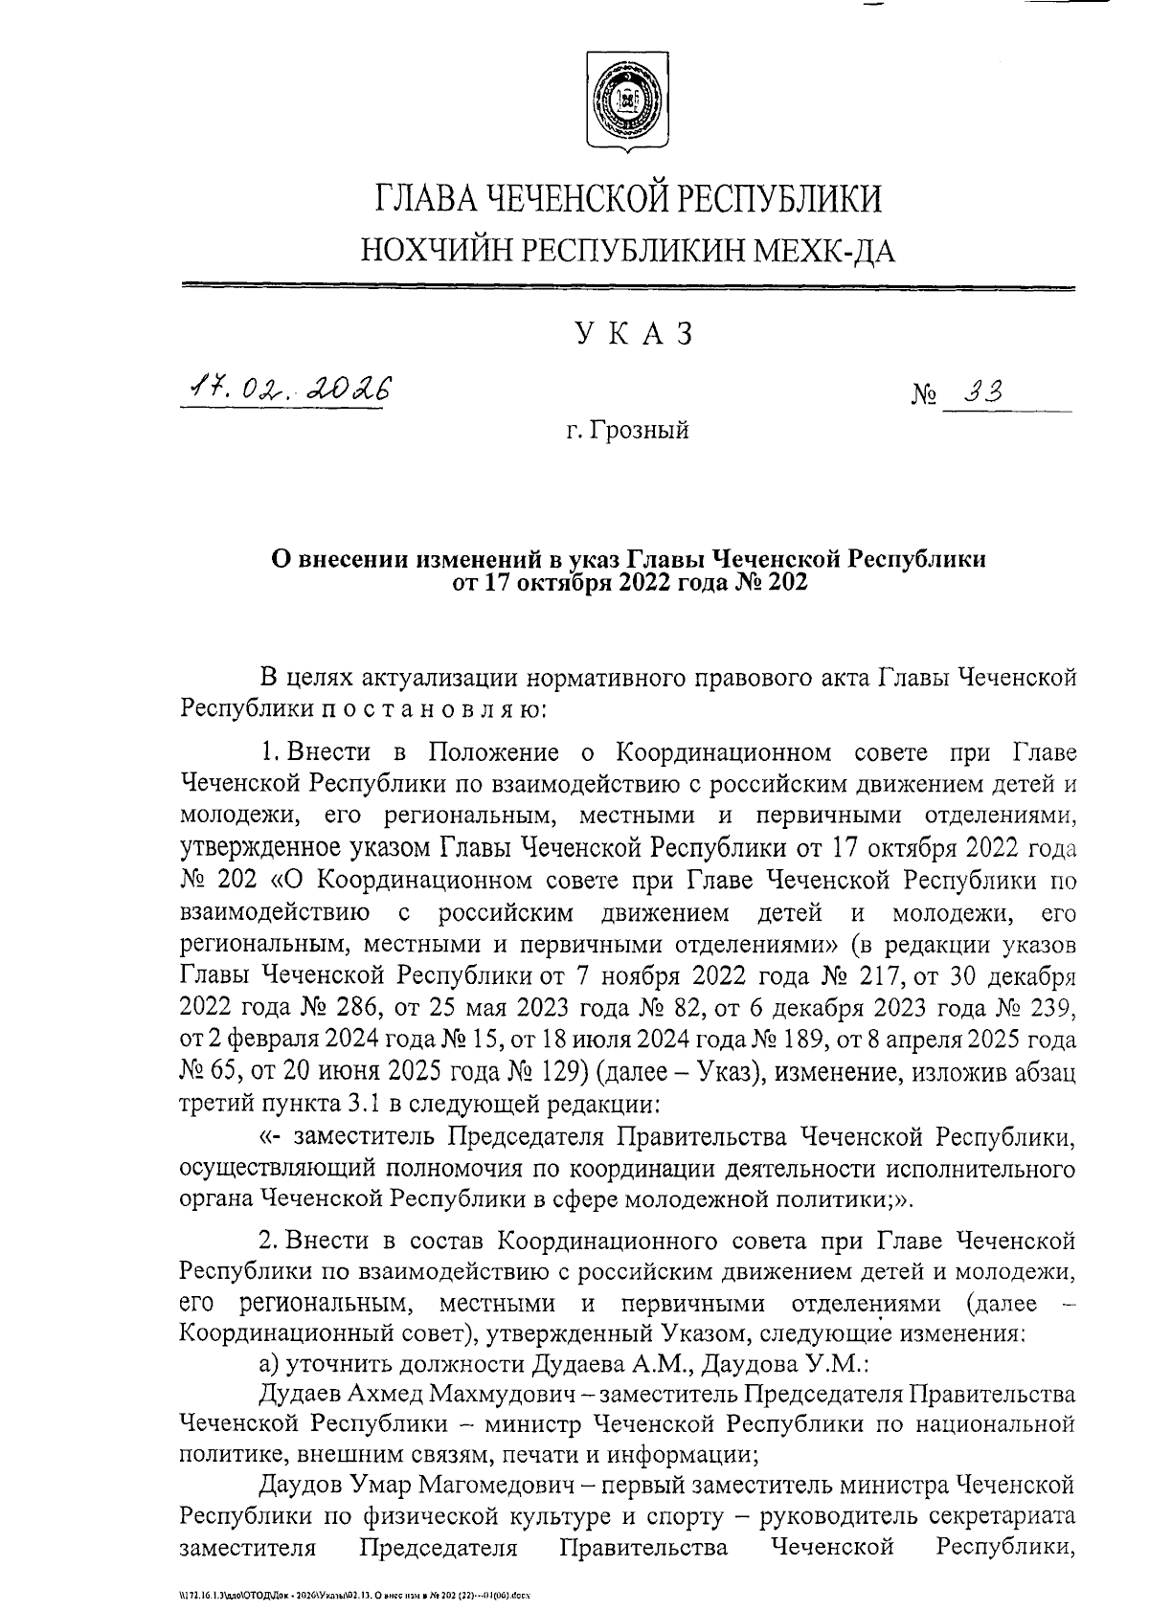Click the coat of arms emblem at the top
coord(627,101)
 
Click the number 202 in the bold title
coord(786,582)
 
